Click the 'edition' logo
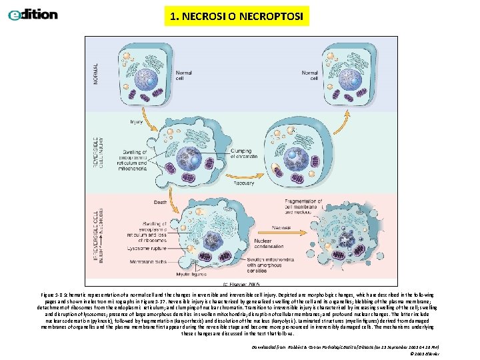pos(33,14)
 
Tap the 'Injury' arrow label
pos(137,122)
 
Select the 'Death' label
pos(160,202)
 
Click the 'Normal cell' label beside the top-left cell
pos(184,75)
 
